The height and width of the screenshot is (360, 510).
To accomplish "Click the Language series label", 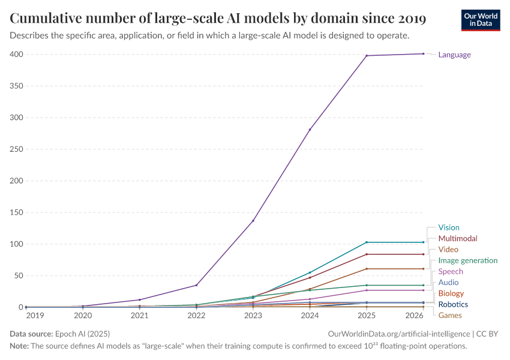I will (x=454, y=55).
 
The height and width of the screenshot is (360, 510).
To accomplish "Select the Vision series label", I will (x=448, y=227).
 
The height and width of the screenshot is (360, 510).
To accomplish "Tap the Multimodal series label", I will (x=458, y=238).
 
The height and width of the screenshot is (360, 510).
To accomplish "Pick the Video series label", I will (x=448, y=249).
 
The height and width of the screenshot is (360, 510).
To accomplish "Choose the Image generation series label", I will (x=467, y=260).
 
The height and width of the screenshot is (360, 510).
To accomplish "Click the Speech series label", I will (x=451, y=271).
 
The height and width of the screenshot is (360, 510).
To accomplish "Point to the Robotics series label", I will (x=453, y=304).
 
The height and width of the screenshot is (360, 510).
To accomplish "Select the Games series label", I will (x=450, y=315).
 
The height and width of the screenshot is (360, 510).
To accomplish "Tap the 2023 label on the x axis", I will (x=253, y=315).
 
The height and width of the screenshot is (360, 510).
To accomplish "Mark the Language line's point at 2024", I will (x=310, y=130).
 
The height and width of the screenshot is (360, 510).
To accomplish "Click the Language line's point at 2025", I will (x=367, y=56).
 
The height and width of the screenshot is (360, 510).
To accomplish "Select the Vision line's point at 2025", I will (x=367, y=242).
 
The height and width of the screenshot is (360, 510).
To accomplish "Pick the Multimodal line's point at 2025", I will (x=367, y=254).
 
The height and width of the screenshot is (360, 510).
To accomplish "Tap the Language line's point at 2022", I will (x=196, y=285).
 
